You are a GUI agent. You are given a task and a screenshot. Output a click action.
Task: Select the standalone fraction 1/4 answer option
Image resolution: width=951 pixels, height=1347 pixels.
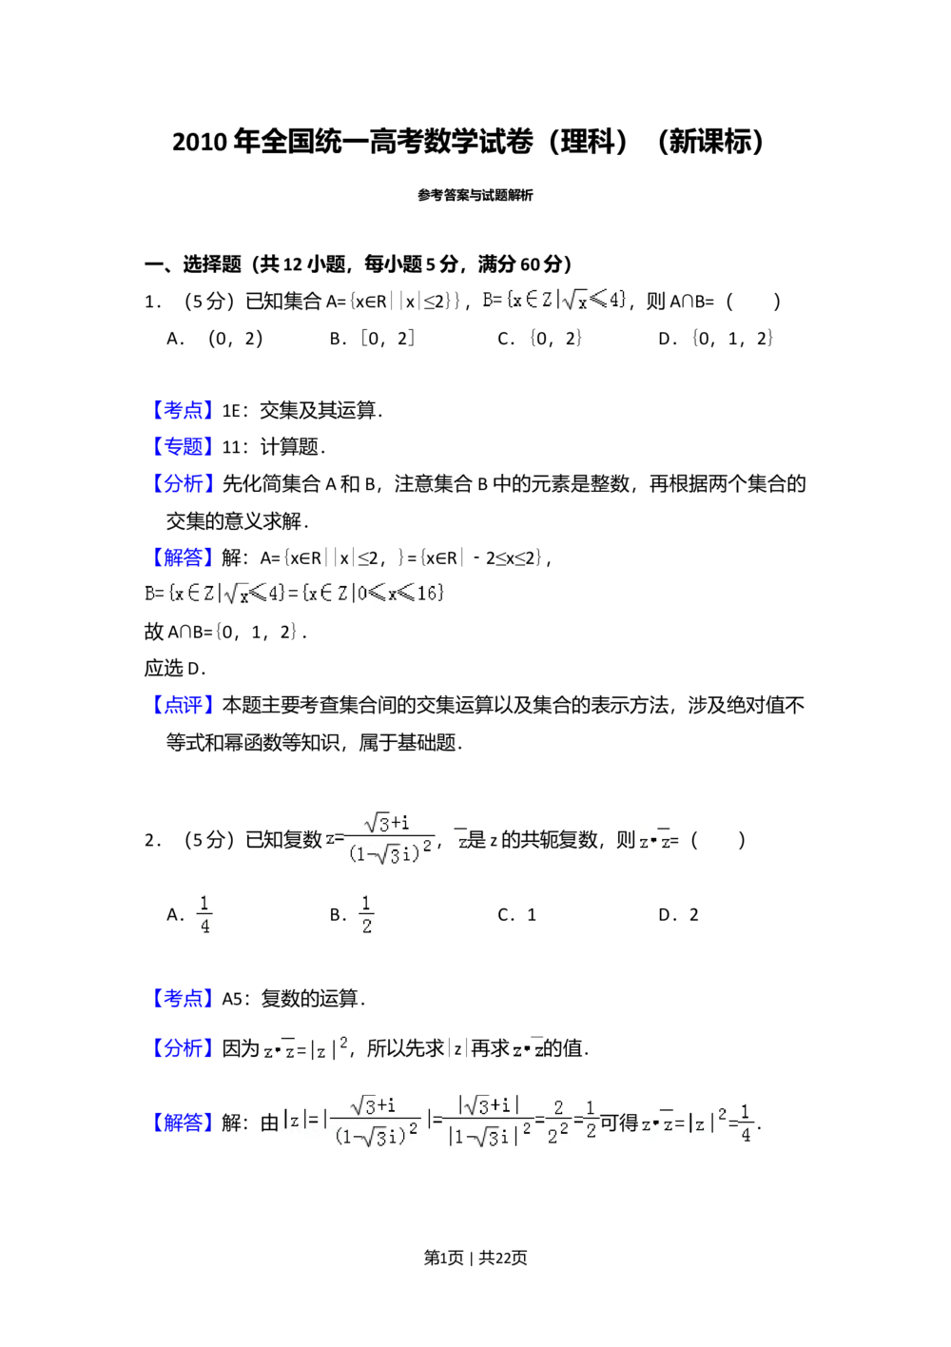pyautogui.click(x=202, y=913)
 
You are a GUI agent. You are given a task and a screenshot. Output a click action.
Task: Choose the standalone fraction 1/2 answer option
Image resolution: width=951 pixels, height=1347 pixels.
pyautogui.click(x=368, y=913)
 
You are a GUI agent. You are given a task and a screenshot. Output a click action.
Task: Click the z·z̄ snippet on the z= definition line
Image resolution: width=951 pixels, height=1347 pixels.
pyautogui.click(x=654, y=841)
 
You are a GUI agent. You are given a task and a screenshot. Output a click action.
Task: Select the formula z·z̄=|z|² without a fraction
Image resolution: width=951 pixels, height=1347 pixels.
pyautogui.click(x=304, y=1048)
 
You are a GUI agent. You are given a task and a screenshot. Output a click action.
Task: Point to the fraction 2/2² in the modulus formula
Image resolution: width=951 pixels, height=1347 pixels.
pyautogui.click(x=558, y=1122)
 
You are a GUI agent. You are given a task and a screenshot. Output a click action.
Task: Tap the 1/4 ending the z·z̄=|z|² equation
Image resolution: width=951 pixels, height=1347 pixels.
pyautogui.click(x=745, y=1122)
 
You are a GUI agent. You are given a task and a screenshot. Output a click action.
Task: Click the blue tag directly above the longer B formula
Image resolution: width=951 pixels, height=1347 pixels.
pyautogui.click(x=183, y=556)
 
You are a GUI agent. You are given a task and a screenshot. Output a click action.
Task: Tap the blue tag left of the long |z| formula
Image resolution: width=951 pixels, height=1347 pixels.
pyautogui.click(x=183, y=1122)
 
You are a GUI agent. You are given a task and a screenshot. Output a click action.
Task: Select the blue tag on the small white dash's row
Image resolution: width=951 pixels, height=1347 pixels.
pyautogui.click(x=183, y=410)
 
